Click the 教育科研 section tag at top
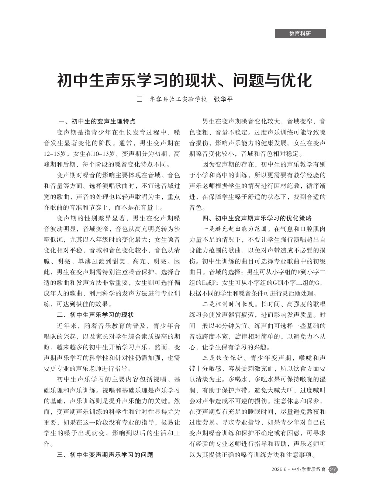(x=300, y=34)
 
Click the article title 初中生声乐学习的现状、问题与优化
(x=184, y=80)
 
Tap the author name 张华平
(x=224, y=99)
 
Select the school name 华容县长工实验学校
(x=178, y=99)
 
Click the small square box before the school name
(x=139, y=99)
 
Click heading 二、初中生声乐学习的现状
(x=95, y=315)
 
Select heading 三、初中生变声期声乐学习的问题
(x=105, y=455)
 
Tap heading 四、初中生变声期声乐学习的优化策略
(x=257, y=218)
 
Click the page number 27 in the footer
(x=333, y=469)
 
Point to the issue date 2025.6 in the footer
(x=279, y=469)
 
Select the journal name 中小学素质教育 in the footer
(x=308, y=469)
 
